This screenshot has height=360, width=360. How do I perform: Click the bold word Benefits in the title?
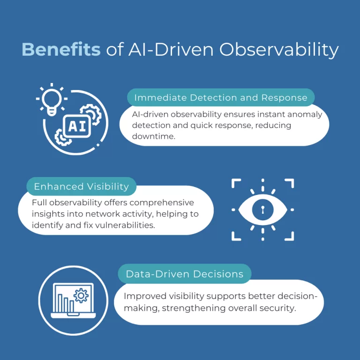61,49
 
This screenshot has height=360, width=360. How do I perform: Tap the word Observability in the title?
279,50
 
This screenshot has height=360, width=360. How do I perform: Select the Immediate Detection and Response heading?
221,97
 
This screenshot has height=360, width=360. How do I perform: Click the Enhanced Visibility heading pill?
82,186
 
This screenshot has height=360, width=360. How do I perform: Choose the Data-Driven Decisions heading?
185,274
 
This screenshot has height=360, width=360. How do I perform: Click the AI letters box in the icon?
77,126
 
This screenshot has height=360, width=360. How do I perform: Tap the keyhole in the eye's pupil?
262,210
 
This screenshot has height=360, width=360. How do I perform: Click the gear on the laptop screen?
81,295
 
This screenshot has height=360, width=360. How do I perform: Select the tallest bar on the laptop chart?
60,303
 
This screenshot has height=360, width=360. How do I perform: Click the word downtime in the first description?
154,136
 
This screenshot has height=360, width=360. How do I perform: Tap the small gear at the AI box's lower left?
61,137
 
